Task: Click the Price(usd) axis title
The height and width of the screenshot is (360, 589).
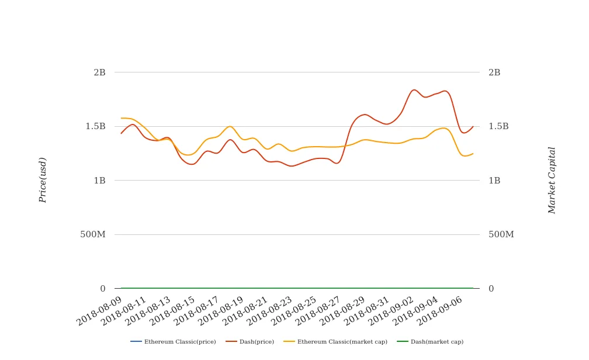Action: (43, 180)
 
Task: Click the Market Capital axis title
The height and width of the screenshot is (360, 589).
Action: (552, 180)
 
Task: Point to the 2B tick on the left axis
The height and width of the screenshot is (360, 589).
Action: (99, 72)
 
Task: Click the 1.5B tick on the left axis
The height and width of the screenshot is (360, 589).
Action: (95, 126)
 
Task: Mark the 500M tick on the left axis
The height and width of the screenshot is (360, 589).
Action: (92, 234)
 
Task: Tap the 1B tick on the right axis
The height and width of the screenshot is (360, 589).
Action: (494, 181)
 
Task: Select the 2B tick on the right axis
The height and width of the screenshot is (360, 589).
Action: (494, 72)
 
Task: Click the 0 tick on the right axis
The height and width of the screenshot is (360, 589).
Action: (491, 289)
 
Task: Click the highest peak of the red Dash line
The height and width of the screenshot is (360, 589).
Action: (414, 89)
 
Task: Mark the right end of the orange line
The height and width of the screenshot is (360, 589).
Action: (473, 154)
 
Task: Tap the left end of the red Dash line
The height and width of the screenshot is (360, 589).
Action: (121, 134)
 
